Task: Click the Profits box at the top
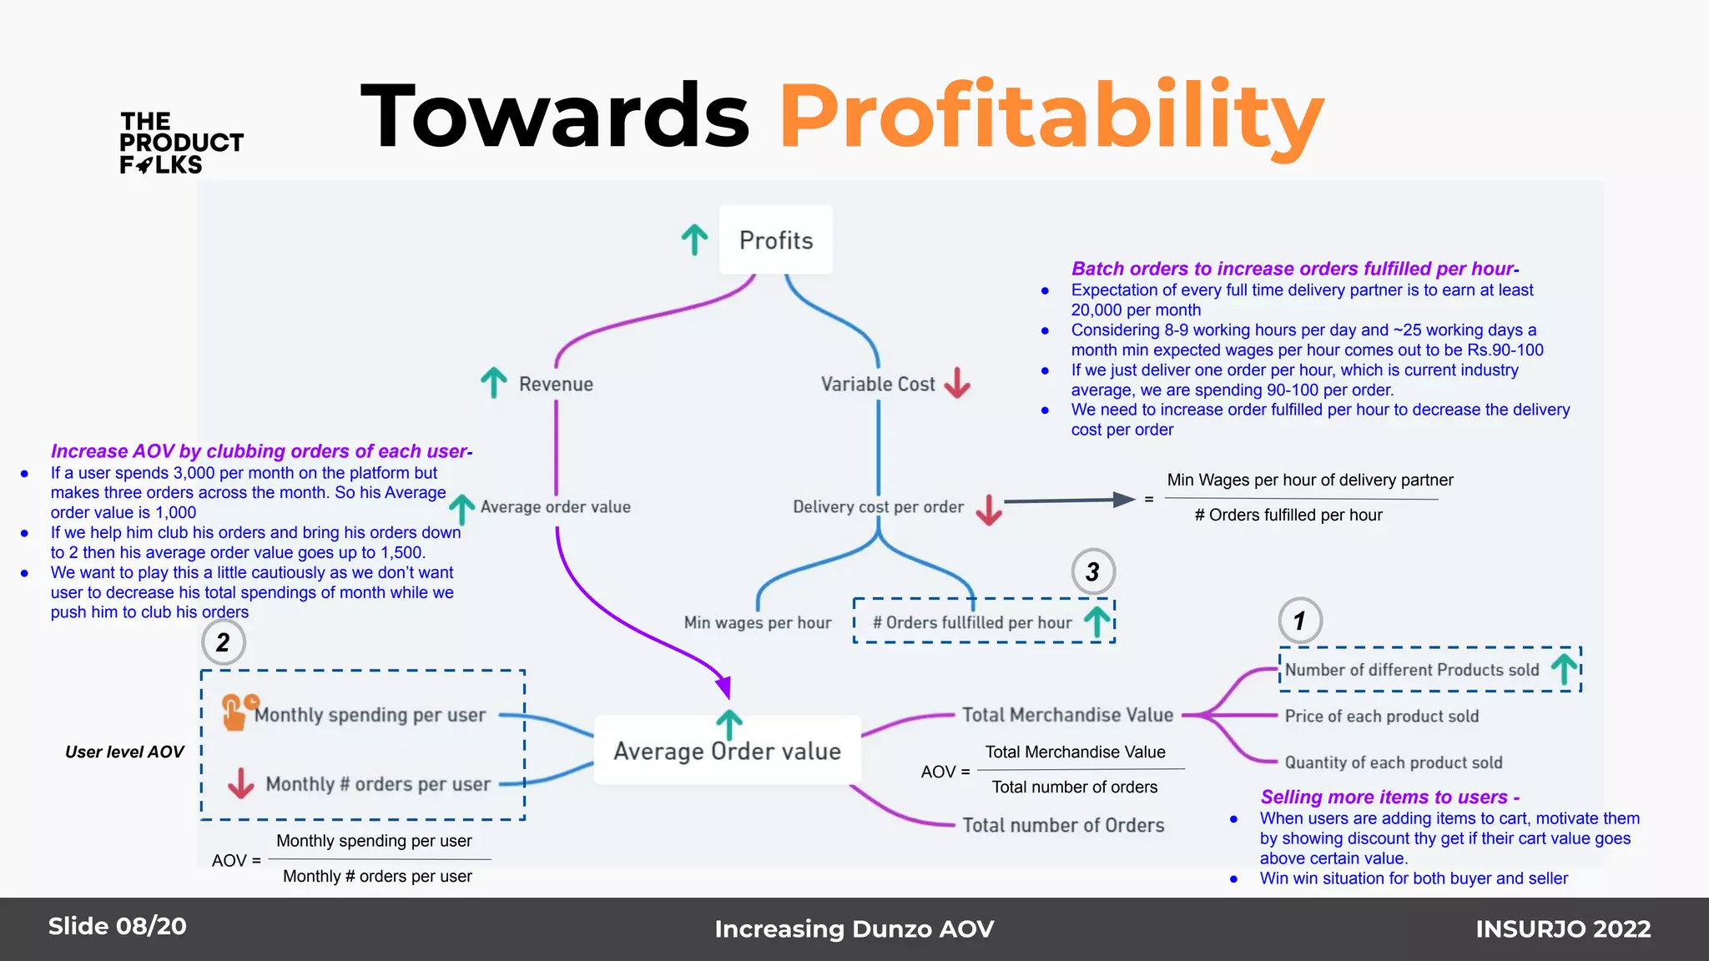[776, 240]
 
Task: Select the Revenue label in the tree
[556, 385]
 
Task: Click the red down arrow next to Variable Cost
[957, 383]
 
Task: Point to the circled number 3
[1093, 571]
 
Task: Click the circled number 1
[1299, 621]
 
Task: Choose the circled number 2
[223, 642]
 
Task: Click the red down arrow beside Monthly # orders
[241, 783]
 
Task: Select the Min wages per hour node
[758, 623]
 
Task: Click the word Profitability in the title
[1051, 117]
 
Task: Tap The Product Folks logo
[181, 143]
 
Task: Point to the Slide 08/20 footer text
[118, 926]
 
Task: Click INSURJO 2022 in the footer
[1563, 928]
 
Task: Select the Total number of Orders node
[1063, 826]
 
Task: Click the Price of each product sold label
[1381, 717]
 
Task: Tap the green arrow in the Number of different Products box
[1565, 669]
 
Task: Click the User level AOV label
[124, 752]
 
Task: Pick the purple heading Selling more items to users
[1389, 797]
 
